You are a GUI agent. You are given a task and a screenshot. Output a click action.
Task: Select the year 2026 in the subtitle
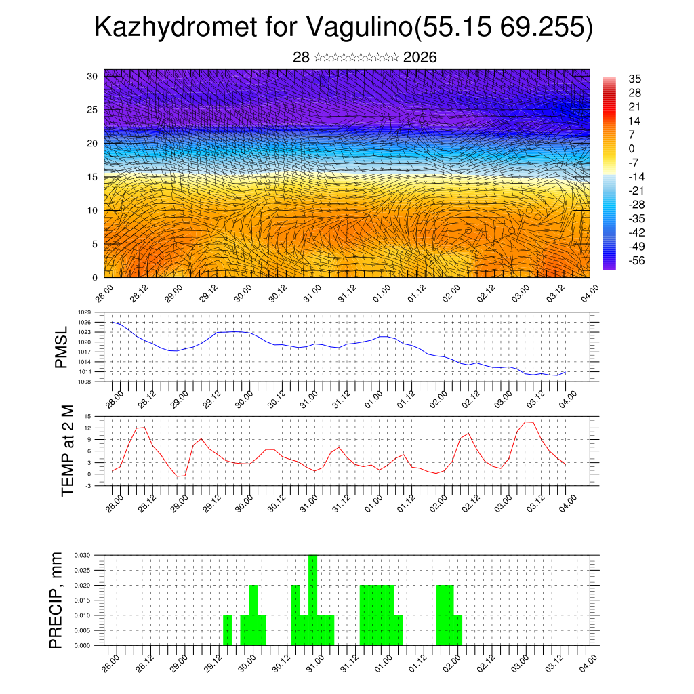tap(420, 57)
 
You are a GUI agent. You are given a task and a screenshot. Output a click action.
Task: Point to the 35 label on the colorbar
tap(635, 79)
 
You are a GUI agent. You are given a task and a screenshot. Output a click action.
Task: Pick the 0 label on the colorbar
tap(632, 148)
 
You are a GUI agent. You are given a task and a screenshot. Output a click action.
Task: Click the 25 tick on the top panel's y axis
tap(92, 110)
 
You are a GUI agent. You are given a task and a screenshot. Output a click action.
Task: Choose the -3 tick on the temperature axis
tap(88, 486)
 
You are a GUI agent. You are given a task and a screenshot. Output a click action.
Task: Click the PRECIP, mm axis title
tap(57, 600)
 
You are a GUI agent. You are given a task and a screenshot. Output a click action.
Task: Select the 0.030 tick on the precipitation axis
tap(82, 555)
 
